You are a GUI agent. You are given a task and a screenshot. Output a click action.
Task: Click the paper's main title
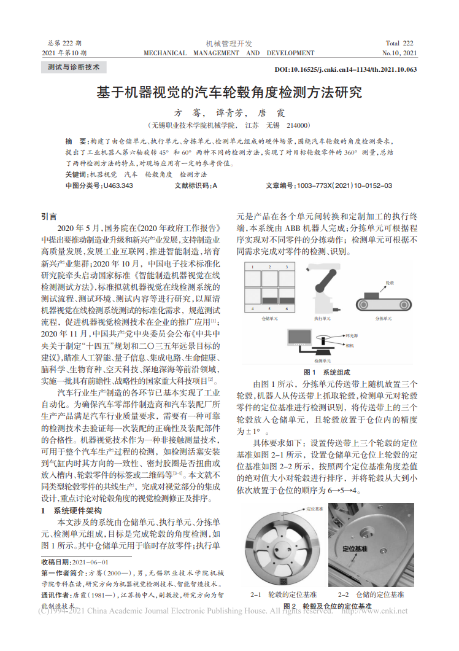click(229, 93)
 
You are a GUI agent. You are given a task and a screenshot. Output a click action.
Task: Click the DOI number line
click(345, 69)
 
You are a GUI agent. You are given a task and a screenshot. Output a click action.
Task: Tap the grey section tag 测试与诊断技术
click(74, 67)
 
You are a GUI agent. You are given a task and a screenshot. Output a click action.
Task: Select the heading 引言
click(49, 216)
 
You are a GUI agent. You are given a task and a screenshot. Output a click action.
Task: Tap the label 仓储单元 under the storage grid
click(270, 319)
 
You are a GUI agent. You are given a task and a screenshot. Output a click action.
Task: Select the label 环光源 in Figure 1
click(352, 337)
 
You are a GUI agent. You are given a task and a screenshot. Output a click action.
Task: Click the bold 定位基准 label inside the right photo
click(355, 547)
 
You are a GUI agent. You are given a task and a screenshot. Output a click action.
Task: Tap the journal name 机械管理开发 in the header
click(229, 44)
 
